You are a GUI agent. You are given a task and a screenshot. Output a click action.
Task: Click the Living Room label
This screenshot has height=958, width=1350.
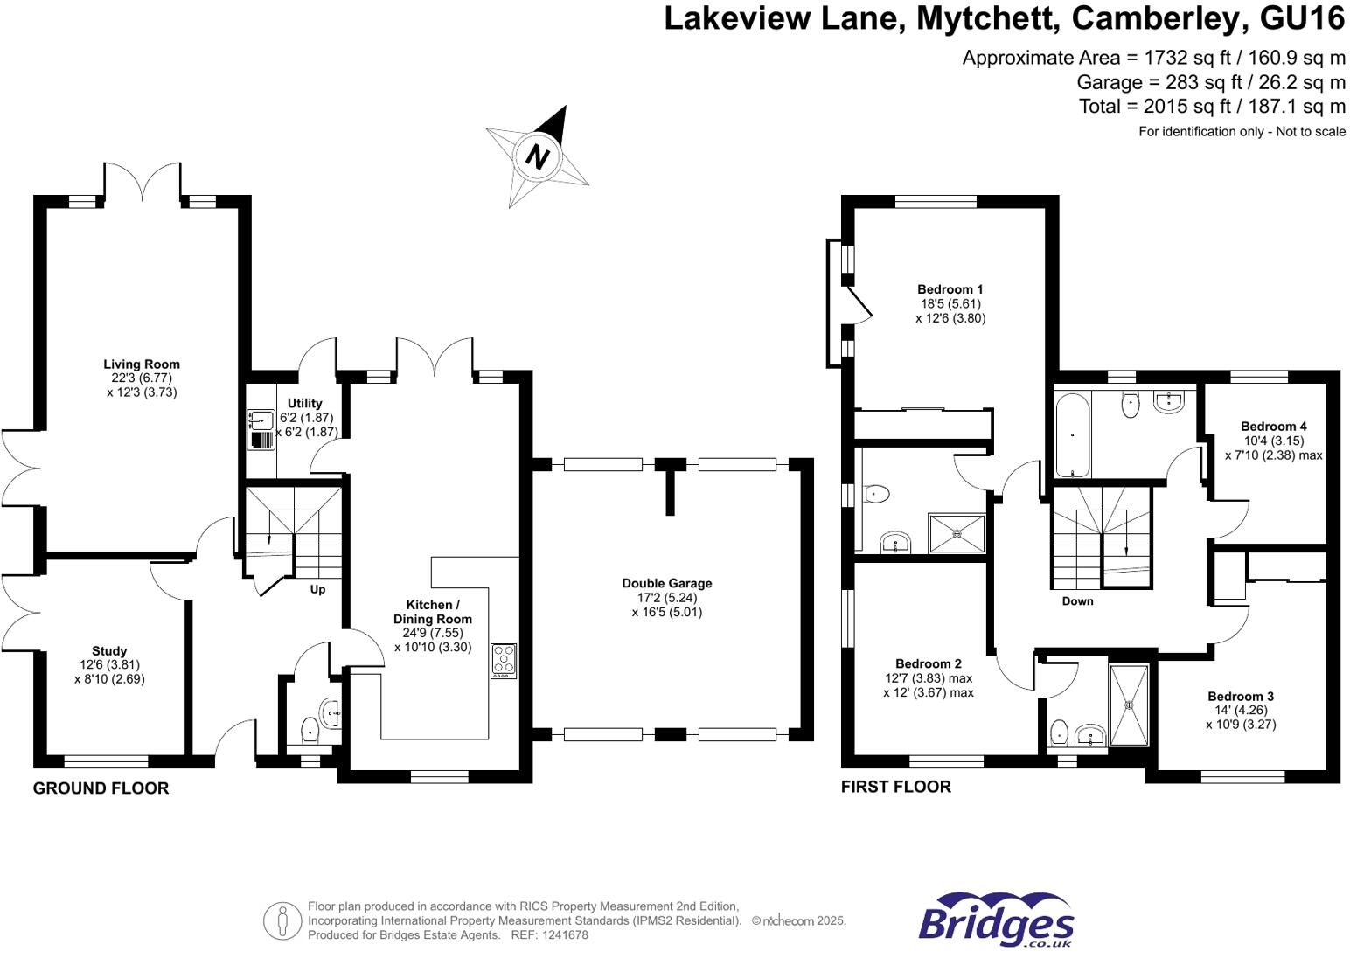[142, 364]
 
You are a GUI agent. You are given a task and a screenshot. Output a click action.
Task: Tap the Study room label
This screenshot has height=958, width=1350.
[109, 651]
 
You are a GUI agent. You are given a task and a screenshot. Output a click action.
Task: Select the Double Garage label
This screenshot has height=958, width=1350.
[667, 583]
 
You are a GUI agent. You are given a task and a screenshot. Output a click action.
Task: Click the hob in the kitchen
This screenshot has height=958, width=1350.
[504, 661]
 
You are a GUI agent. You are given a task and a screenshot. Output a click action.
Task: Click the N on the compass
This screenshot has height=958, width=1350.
[537, 156]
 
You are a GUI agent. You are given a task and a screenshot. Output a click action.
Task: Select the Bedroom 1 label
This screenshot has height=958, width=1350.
[950, 289]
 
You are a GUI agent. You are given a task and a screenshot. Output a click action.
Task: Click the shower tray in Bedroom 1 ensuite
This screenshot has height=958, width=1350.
[957, 533]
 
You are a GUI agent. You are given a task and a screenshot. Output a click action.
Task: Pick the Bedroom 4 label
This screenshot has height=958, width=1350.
[1273, 427]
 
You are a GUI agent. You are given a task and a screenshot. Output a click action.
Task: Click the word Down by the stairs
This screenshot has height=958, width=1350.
[1077, 601]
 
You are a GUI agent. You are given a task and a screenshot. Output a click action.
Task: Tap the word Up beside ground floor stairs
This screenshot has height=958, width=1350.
[317, 589]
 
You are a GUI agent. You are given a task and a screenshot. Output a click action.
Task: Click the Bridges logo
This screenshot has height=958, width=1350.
[996, 920]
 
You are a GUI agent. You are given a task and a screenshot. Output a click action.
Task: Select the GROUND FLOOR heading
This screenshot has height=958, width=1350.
[101, 788]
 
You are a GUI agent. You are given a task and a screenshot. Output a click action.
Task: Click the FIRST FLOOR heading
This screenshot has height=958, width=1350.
[895, 787]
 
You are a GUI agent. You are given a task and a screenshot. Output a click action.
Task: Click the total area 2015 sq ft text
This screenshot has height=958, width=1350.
[1212, 107]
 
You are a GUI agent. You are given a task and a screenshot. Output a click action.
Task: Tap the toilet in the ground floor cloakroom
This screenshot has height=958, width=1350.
[310, 727]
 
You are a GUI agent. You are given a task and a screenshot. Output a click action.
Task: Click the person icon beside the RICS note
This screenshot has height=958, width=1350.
[282, 920]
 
